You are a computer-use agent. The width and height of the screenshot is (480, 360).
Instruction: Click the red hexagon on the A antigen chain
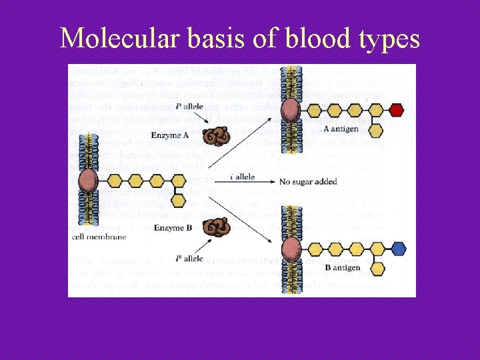click(397, 109)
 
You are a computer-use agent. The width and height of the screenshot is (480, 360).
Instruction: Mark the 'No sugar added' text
click(307, 181)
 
